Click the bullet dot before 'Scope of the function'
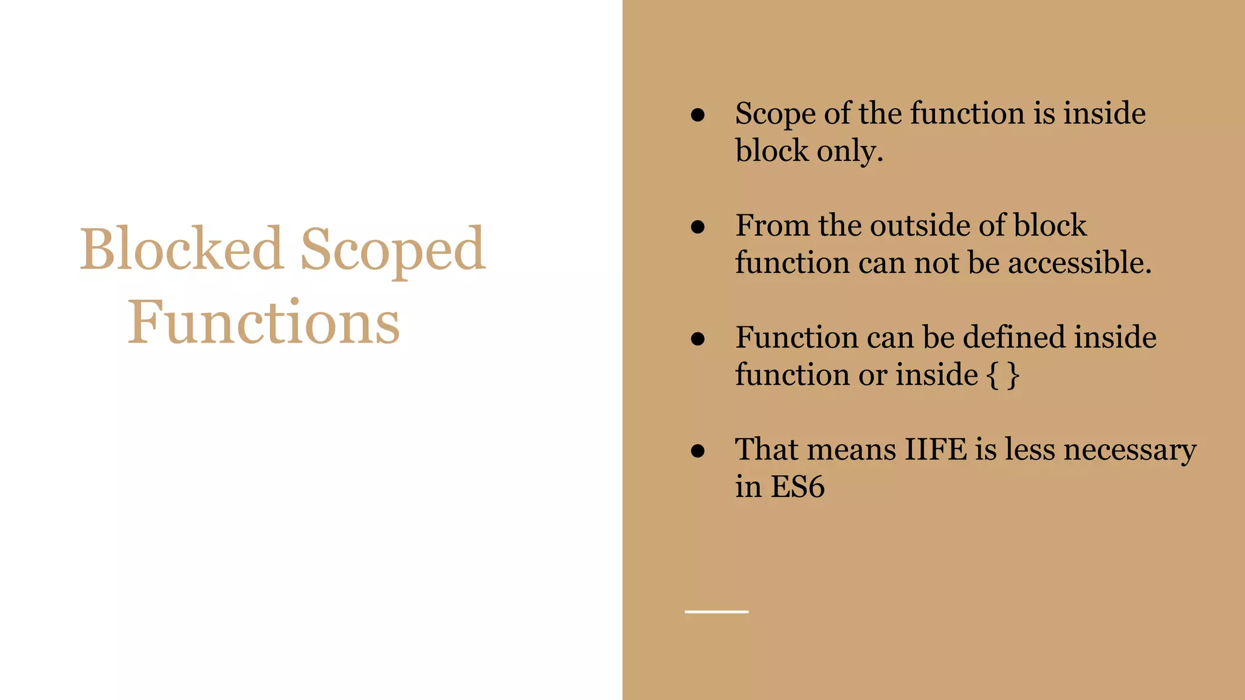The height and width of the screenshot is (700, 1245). pos(698,115)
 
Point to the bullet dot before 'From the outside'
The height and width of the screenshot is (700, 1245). pos(698,227)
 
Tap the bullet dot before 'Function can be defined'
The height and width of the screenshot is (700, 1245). pos(698,338)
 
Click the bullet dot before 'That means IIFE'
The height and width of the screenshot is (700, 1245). pos(698,450)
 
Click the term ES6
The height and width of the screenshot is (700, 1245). pos(798,487)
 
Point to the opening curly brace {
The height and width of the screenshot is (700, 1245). pos(992,375)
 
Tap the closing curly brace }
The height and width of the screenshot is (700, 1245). pos(1013,375)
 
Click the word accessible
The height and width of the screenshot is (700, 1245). pos(1079,263)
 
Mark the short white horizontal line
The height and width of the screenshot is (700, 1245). pos(716,612)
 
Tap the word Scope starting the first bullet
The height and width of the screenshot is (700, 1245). pos(774,114)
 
